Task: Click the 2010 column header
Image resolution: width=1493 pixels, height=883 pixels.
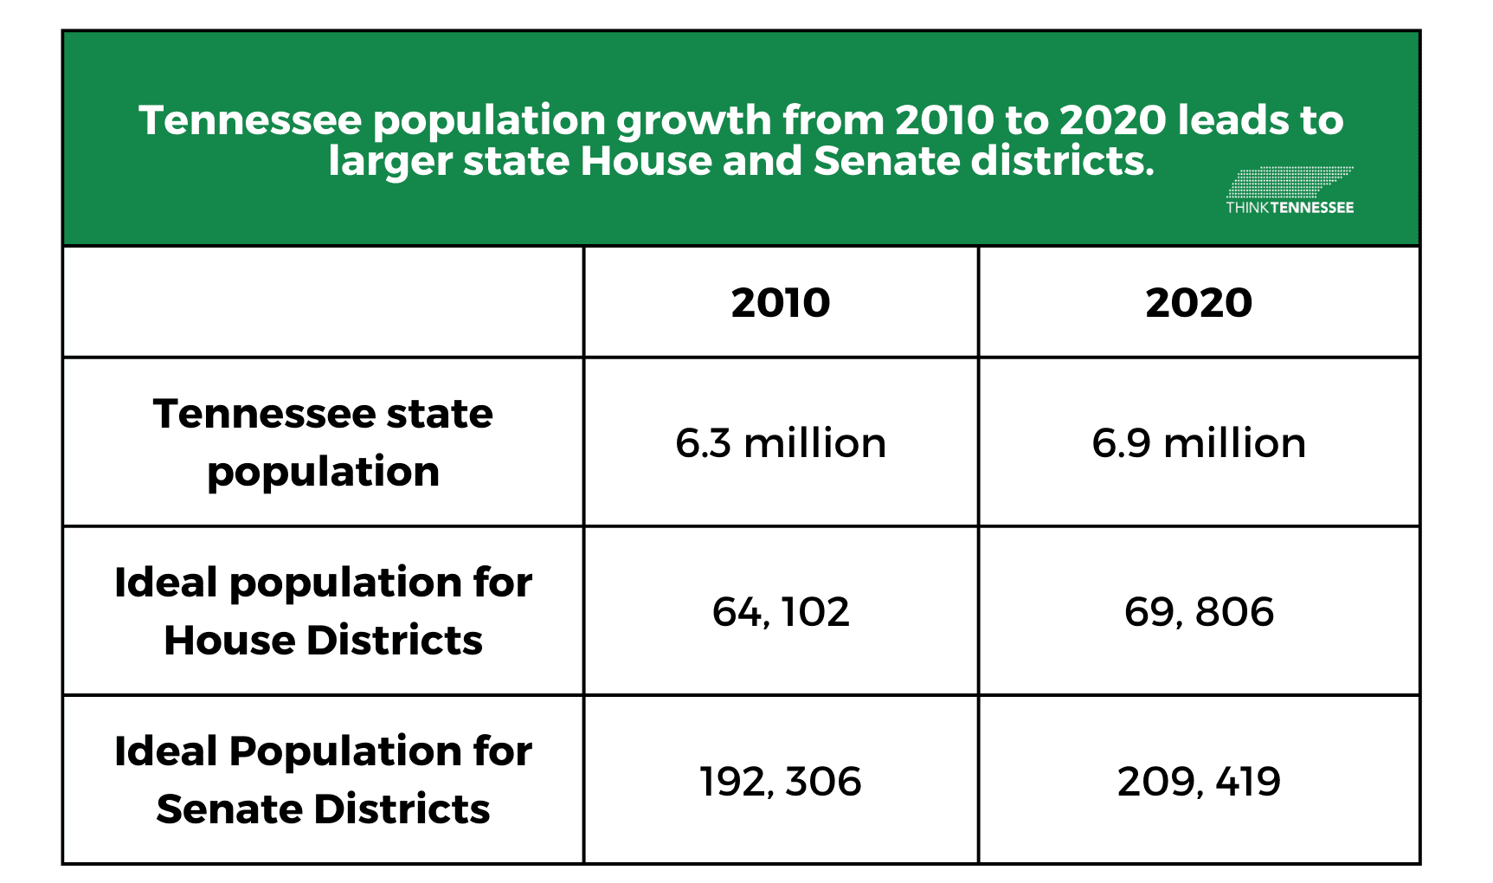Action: click(781, 302)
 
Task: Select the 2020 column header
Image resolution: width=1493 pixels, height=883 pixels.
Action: click(1199, 302)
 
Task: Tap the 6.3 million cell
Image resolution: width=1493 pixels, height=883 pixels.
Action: click(781, 443)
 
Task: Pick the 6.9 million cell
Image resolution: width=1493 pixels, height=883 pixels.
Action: click(1199, 443)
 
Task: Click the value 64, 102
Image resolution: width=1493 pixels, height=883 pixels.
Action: click(781, 612)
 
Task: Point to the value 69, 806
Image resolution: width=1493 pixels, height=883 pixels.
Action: click(1199, 612)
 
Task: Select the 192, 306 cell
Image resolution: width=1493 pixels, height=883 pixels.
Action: click(781, 781)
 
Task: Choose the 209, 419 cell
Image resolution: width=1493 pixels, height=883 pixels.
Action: click(1199, 781)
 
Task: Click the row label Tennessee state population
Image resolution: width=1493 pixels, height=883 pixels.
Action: click(323, 441)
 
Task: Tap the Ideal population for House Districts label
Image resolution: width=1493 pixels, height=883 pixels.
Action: click(323, 611)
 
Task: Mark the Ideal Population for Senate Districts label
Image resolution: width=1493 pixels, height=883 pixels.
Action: click(323, 779)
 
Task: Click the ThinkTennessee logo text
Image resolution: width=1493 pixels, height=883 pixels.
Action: click(1290, 208)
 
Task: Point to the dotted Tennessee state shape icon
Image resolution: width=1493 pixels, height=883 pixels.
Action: click(1290, 183)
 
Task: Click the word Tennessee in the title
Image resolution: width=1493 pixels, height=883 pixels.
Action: click(249, 120)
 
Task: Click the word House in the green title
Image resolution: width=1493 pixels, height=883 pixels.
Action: click(646, 162)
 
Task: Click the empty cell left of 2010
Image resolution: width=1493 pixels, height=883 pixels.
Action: click(323, 302)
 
